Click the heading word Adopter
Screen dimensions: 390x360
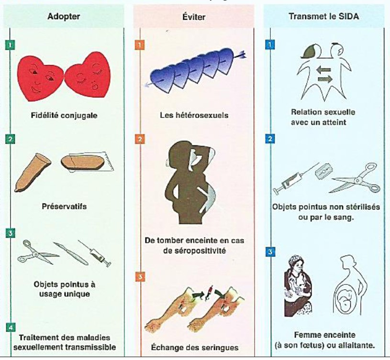tap(64, 16)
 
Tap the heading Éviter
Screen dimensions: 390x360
tap(194, 17)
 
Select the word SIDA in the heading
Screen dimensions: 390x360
tap(349, 16)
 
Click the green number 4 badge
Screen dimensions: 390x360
tap(10, 327)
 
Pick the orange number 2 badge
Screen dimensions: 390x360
tap(140, 139)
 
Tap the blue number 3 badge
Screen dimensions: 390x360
tap(270, 252)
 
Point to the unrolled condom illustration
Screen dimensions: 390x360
tap(32, 173)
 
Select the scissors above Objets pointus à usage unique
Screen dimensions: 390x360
tap(37, 253)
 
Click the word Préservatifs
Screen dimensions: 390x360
tap(64, 207)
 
